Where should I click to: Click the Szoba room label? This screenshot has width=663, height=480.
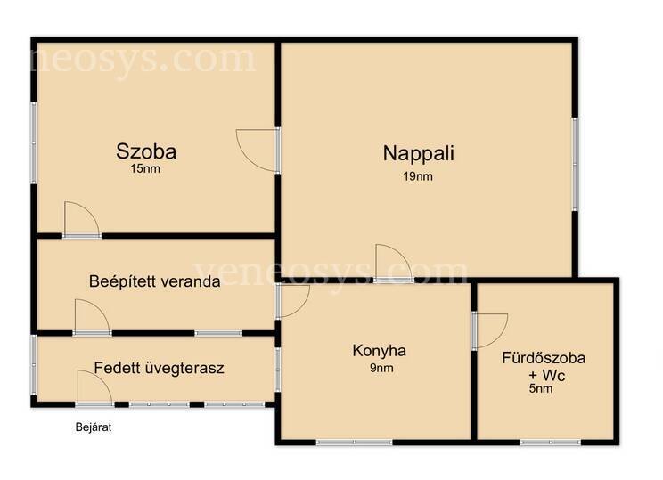point(146,151)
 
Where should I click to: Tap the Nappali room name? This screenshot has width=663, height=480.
point(419,153)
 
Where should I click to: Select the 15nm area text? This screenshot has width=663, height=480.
point(145,169)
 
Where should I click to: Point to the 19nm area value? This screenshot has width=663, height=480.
point(418,176)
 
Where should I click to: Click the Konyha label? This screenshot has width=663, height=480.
point(380,351)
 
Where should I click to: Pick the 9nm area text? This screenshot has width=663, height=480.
point(381,368)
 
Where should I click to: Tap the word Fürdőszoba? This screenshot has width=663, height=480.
point(544,358)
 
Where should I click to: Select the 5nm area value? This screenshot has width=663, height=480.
point(541,389)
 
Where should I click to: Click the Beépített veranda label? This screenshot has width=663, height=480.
point(155,281)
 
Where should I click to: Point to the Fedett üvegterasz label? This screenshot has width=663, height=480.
point(159,368)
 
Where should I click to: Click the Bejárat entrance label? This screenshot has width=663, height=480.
point(94,427)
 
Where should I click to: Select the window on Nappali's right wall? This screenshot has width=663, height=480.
point(575,165)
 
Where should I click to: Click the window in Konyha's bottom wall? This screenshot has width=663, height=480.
point(355,443)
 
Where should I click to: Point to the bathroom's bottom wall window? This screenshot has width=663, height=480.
point(551,443)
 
